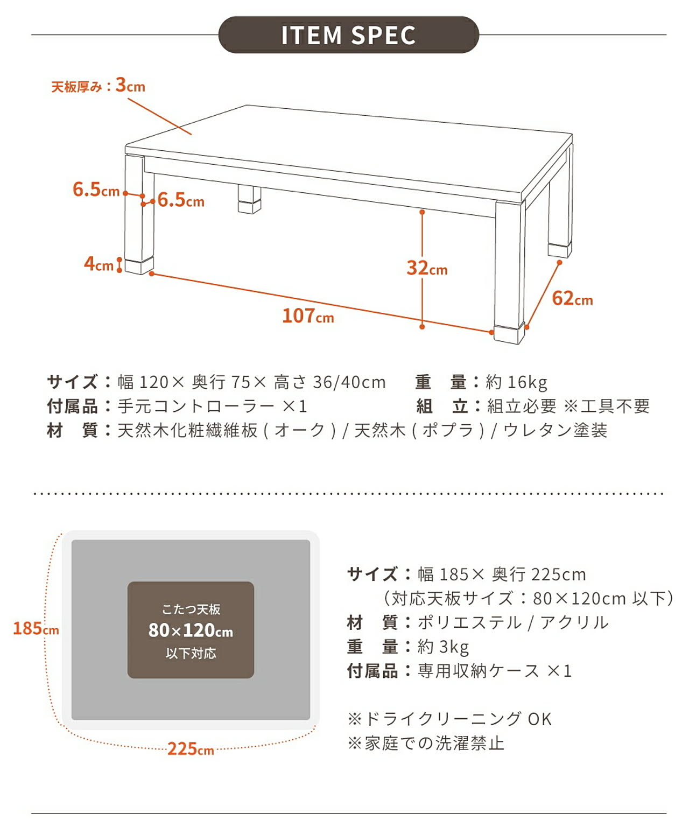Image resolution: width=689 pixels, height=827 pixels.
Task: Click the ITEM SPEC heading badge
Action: pyautogui.click(x=348, y=35)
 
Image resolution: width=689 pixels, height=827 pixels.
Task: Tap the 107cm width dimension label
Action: pyautogui.click(x=308, y=316)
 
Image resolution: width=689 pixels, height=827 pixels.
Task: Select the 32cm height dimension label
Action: pyautogui.click(x=427, y=268)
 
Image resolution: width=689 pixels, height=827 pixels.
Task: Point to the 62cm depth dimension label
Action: pyautogui.click(x=572, y=298)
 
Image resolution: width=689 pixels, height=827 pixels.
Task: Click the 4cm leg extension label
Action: pyautogui.click(x=99, y=264)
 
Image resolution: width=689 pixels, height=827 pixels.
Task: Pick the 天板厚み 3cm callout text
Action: pyautogui.click(x=98, y=85)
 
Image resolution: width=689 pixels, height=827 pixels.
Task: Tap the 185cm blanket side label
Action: pyautogui.click(x=36, y=628)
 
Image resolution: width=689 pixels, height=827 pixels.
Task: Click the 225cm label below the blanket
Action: pyautogui.click(x=191, y=749)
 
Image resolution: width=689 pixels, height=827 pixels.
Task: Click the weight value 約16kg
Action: pyautogui.click(x=516, y=382)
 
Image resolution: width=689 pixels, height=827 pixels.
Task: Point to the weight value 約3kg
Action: pyautogui.click(x=443, y=647)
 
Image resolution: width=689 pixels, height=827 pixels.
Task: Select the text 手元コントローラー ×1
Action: pyautogui.click(x=212, y=407)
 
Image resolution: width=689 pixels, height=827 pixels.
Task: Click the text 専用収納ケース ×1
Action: pyautogui.click(x=495, y=671)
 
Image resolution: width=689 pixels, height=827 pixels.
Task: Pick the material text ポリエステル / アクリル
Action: pyautogui.click(x=513, y=622)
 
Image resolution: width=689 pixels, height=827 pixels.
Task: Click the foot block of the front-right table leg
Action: pyautogui.click(x=509, y=333)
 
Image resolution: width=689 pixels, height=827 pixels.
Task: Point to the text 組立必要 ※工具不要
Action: pyautogui.click(x=568, y=407)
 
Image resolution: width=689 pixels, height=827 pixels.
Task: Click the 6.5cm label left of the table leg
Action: pyautogui.click(x=96, y=190)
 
